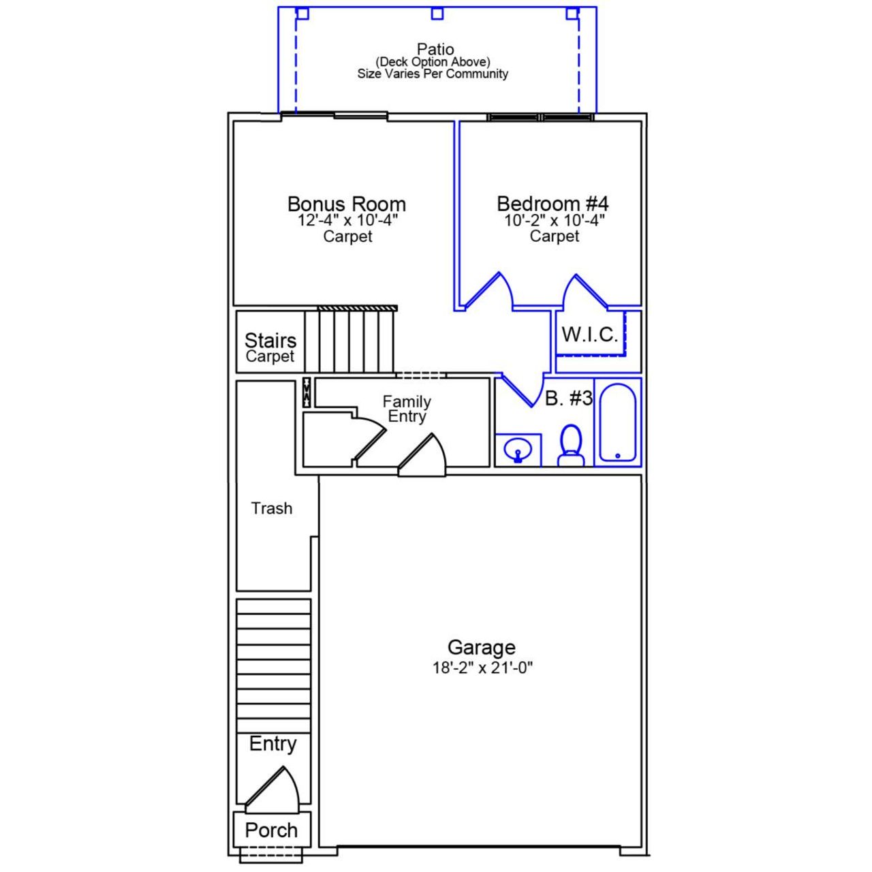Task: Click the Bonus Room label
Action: coord(346,204)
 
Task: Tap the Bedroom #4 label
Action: coord(552,204)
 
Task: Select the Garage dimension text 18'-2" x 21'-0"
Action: coord(482,668)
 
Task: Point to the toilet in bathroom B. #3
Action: coord(571,447)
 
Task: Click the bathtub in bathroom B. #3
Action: coord(618,422)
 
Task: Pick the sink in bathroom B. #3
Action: coord(518,450)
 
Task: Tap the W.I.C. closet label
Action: coord(589,334)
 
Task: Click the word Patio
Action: coord(435,49)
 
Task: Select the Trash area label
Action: coord(271,508)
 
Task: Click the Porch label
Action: coord(271,830)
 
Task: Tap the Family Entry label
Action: coord(406,409)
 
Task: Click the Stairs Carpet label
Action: coord(270,347)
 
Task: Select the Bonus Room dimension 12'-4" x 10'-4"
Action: coord(347,221)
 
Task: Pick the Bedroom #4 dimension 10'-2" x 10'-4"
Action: coord(554,221)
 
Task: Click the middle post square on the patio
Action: coord(437,14)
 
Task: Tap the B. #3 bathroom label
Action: coord(569,399)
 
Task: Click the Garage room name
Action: coord(481,647)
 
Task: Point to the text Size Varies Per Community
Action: coord(433,74)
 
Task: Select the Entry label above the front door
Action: coord(272,743)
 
